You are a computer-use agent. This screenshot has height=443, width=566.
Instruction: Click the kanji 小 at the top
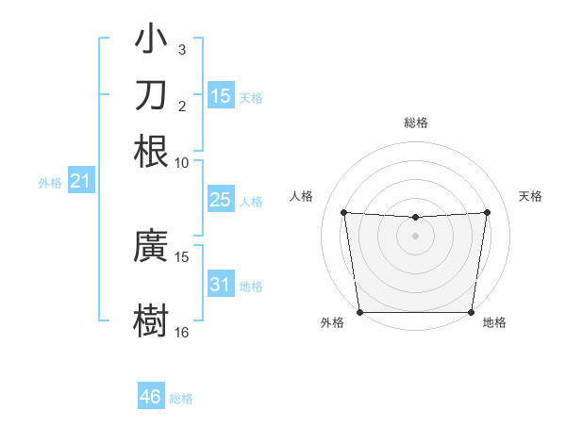151,40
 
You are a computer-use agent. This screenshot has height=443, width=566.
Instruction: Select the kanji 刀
151,95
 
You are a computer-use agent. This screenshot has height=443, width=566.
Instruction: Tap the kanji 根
151,152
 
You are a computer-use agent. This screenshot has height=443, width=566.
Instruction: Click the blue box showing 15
221,95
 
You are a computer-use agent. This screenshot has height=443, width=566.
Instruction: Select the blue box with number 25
221,200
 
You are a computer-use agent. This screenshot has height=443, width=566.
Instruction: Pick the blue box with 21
80,181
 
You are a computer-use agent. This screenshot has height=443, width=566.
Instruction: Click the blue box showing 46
151,397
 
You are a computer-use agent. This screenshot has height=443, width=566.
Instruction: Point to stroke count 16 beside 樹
182,333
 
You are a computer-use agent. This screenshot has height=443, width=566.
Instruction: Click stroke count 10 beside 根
182,162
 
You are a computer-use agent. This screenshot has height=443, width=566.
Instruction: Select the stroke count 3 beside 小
182,49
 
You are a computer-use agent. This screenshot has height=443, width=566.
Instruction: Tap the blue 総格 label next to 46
181,399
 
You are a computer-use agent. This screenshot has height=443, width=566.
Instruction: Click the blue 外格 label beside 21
50,183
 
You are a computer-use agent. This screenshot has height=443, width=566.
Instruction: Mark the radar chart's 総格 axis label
416,123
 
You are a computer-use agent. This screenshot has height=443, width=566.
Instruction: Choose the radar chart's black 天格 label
531,196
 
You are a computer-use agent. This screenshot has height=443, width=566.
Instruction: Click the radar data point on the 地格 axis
472,312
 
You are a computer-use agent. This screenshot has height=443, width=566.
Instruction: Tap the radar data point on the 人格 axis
344,212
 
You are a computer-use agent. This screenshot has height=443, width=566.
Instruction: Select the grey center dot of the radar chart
416,236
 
